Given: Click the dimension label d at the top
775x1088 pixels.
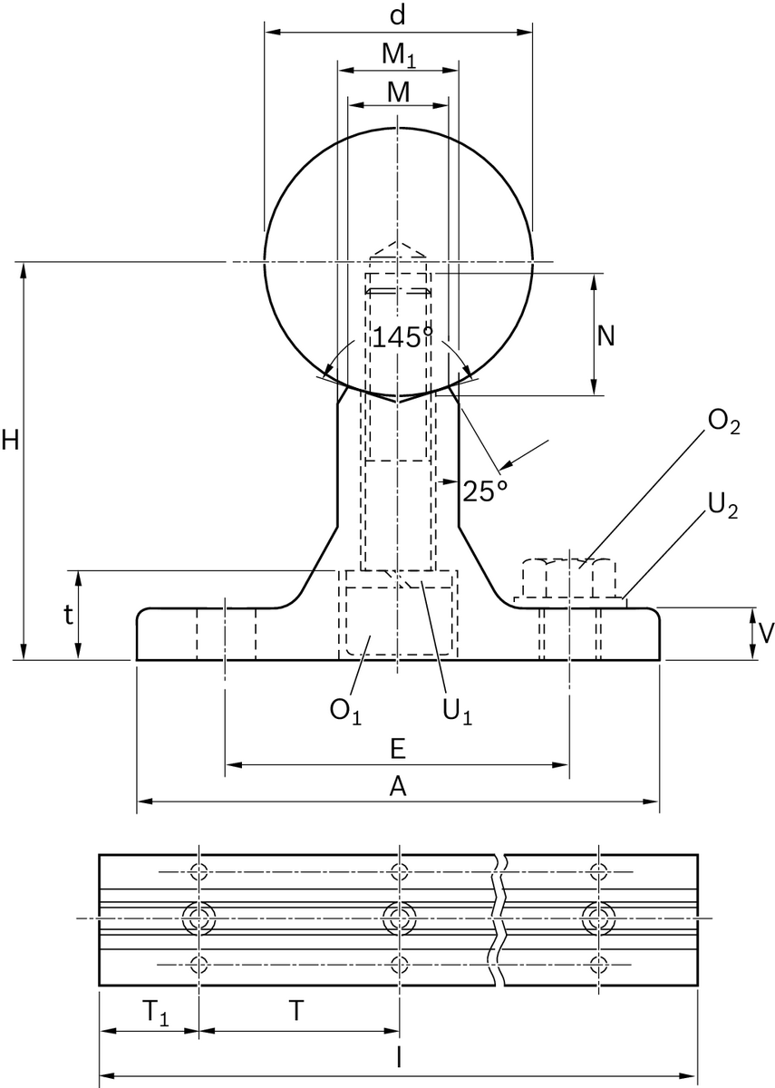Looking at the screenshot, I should (x=397, y=15).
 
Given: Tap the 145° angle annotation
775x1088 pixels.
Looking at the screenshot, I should (x=402, y=337).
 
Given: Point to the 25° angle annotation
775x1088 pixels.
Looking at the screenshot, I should (x=484, y=491).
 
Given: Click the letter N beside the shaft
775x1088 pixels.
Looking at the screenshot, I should (x=605, y=336).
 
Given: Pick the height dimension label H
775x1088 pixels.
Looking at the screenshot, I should (x=10, y=441).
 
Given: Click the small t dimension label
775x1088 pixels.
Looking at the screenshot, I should (x=67, y=615).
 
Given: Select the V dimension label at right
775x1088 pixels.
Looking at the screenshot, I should (x=766, y=632).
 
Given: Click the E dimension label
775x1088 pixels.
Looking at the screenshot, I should (x=397, y=749).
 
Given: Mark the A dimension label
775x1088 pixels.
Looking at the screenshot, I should (x=397, y=787).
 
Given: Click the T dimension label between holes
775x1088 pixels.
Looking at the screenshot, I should (x=296, y=1009).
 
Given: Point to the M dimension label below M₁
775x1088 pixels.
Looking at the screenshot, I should (x=397, y=92).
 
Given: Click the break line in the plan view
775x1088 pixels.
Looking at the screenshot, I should (x=499, y=919).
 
